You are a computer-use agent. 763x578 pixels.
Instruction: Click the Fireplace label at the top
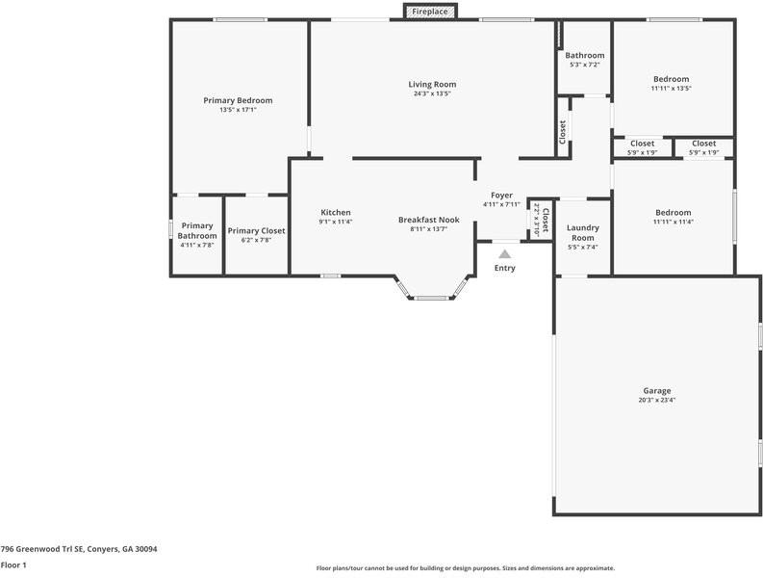pos(429,12)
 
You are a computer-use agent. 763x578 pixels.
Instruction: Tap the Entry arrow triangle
pos(504,253)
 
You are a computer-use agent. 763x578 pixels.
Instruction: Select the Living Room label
pos(432,85)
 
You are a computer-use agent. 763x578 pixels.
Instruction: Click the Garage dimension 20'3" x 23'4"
pos(657,401)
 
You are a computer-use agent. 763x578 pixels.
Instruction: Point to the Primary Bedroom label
pos(238,100)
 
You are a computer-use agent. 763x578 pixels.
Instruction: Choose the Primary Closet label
pos(256,231)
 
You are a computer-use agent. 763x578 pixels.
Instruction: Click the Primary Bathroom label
pos(197,231)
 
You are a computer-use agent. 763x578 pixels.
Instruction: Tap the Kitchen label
pos(336,213)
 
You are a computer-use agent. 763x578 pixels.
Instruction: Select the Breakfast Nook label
pos(428,220)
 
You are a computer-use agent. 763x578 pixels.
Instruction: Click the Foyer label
pos(501,196)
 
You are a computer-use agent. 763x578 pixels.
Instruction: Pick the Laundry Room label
pos(583,233)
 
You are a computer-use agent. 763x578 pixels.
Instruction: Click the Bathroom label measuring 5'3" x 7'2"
pos(584,56)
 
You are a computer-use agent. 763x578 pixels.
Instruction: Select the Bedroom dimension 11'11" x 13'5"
pos(671,89)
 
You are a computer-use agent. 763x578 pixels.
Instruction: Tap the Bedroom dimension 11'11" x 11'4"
pos(673,222)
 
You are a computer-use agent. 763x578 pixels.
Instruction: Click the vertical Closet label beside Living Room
pos(563,132)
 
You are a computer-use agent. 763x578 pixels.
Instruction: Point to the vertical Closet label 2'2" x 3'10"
pos(542,222)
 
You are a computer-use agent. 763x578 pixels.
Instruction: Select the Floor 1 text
pos(13,565)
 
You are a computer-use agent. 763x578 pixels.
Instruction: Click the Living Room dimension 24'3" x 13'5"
pos(432,94)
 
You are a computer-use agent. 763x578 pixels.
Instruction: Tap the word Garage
pos(657,391)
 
